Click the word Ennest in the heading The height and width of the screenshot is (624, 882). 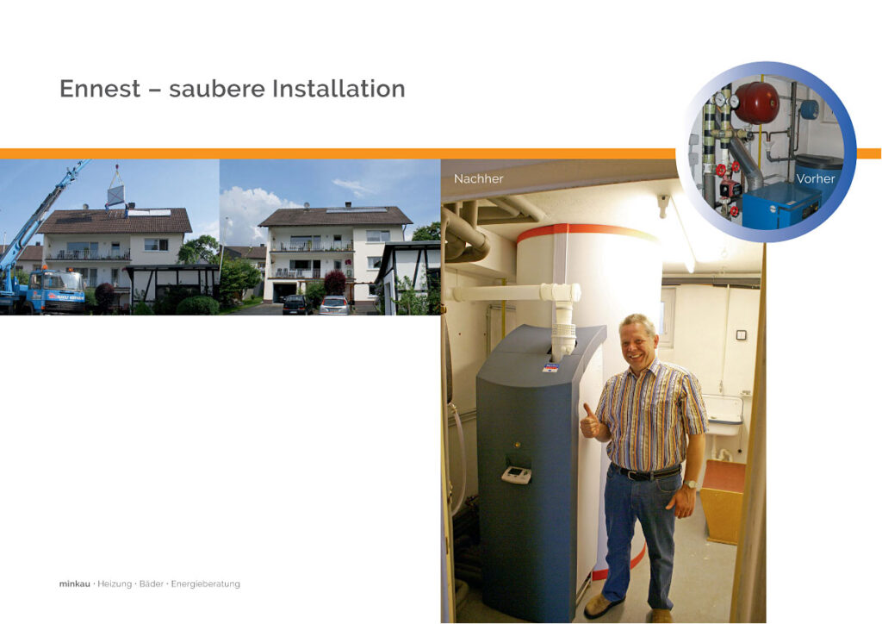coord(100,89)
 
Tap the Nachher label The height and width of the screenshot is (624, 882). coord(478,178)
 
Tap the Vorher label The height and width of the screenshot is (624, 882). coord(815,178)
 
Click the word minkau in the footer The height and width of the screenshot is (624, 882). coord(75,584)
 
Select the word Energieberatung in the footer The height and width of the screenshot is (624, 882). coord(205,584)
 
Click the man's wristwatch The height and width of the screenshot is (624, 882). coord(691,484)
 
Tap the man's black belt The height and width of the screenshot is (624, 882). coord(646,472)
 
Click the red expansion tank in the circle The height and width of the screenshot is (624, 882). coord(756,103)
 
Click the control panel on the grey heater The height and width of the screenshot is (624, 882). coord(517,475)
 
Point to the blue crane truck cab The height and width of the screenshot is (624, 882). coord(56,292)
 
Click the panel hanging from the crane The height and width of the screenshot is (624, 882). coord(116,197)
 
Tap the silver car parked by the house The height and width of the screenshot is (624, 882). coord(334,305)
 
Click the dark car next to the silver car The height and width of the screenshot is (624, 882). coord(295,304)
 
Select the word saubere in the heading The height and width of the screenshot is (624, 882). coord(216,89)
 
